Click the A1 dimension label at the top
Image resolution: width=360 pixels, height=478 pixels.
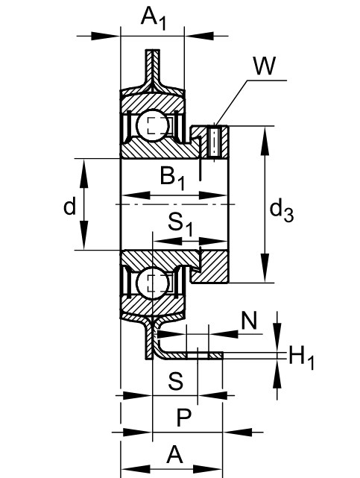pyautogui.click(x=154, y=19)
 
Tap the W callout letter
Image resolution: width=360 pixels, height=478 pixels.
pyautogui.click(x=265, y=66)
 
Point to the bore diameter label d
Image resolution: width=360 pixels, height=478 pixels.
pyautogui.click(x=69, y=207)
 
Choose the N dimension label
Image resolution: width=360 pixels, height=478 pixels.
pyautogui.click(x=249, y=321)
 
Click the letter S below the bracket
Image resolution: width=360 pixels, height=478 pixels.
pyautogui.click(x=176, y=381)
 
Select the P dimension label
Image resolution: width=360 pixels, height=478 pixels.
pyautogui.click(x=183, y=418)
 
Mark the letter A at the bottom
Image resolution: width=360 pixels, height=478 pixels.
pyautogui.click(x=175, y=454)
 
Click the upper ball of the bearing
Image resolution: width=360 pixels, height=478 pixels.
pyautogui.click(x=153, y=125)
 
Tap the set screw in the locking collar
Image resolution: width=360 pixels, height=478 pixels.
pyautogui.click(x=215, y=142)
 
